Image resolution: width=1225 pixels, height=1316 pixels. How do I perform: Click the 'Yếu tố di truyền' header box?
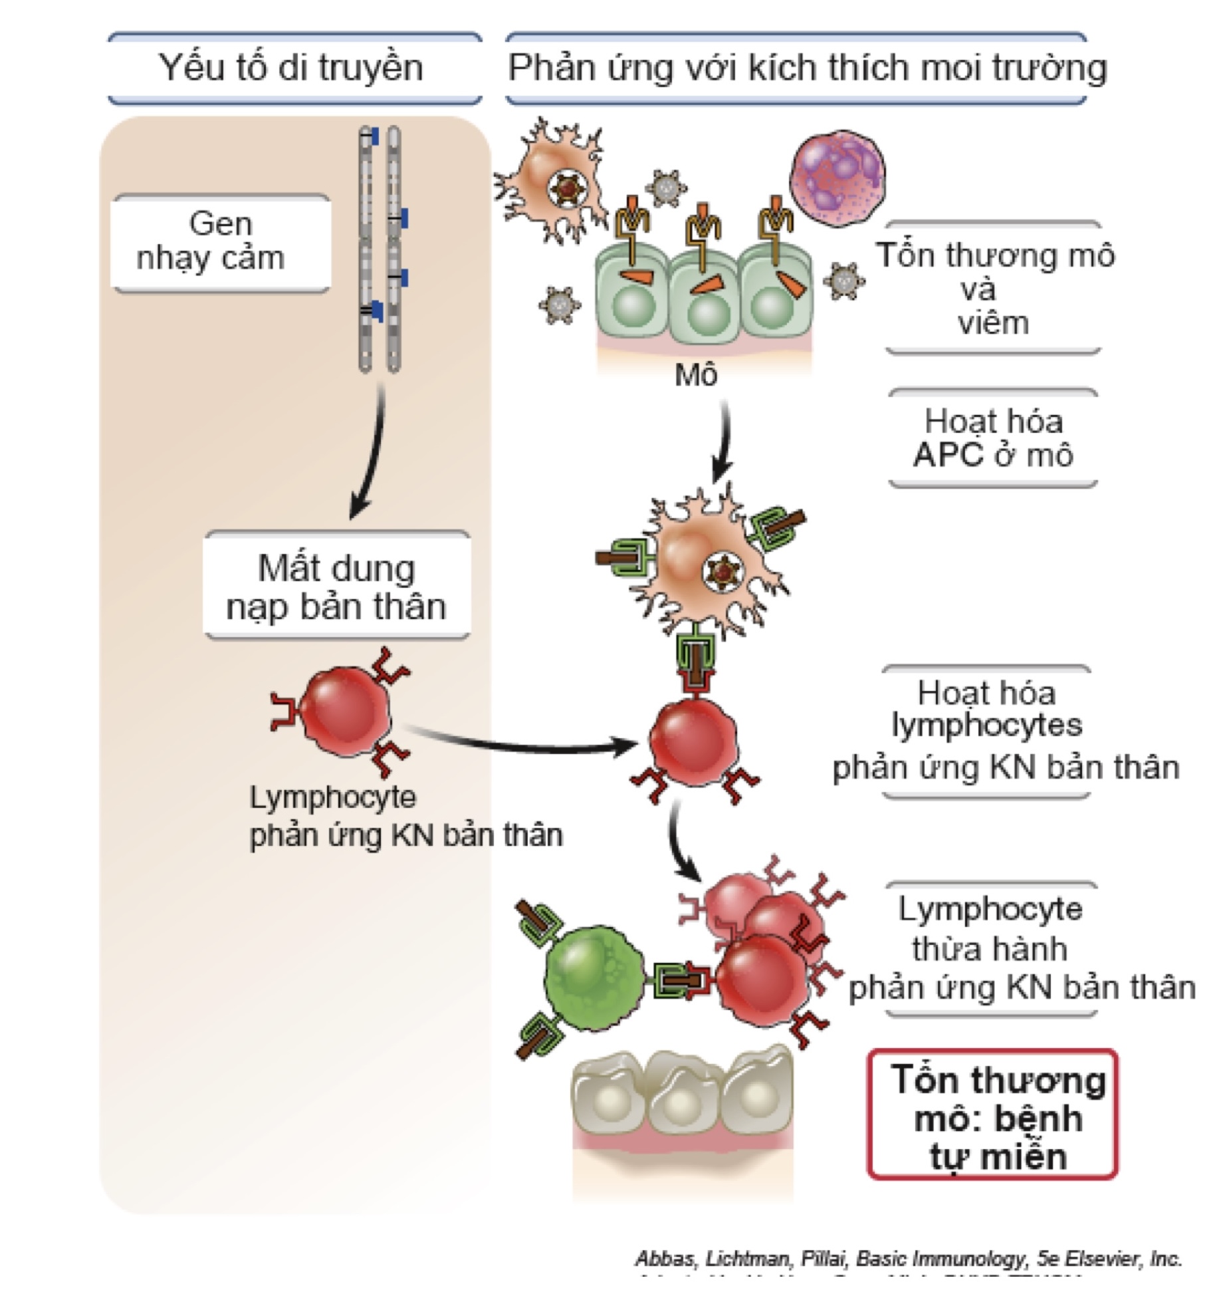[x=293, y=68]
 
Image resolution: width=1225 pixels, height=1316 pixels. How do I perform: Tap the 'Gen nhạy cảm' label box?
[x=221, y=242]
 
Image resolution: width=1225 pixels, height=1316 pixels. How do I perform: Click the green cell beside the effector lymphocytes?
[x=594, y=977]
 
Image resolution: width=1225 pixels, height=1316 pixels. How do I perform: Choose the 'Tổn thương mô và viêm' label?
[x=993, y=289]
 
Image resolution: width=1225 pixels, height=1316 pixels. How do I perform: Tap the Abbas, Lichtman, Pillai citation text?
[x=908, y=1258]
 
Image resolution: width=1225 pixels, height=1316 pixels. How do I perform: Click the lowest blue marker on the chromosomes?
[x=377, y=311]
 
